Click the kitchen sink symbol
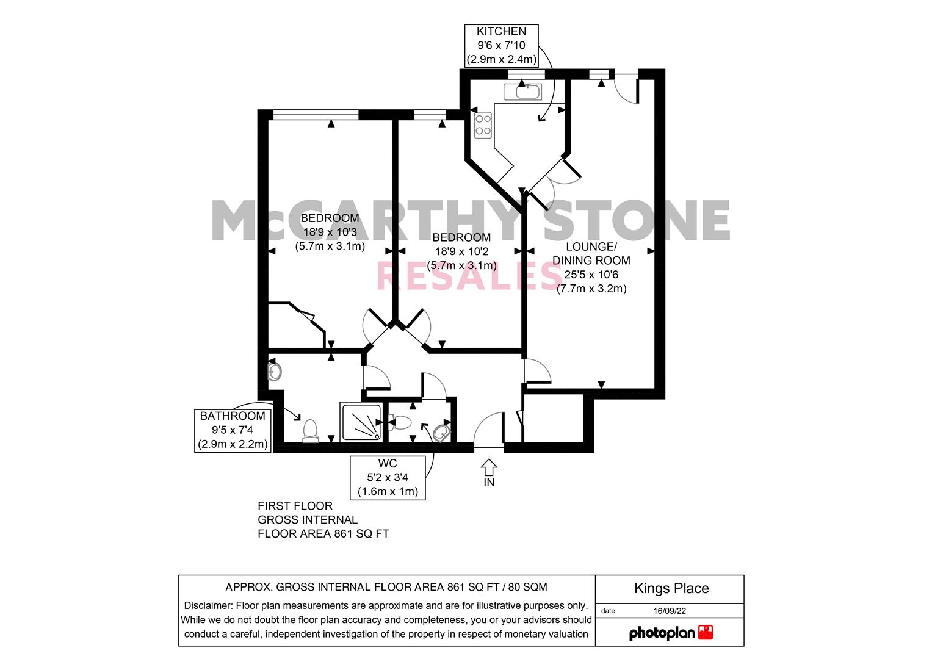click(522, 92)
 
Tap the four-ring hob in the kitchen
click(483, 125)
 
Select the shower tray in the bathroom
click(361, 422)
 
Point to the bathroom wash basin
click(275, 372)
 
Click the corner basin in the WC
click(442, 433)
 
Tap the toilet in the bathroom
click(311, 431)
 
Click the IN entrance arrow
click(489, 467)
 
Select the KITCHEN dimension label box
click(501, 46)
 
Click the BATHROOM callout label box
click(233, 431)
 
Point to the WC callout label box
click(388, 478)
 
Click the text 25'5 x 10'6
click(591, 275)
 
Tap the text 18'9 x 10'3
click(330, 232)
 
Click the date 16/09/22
click(670, 611)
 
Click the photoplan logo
click(671, 632)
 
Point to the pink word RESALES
click(469, 275)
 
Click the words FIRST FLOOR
click(295, 506)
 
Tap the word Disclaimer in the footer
click(208, 605)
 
